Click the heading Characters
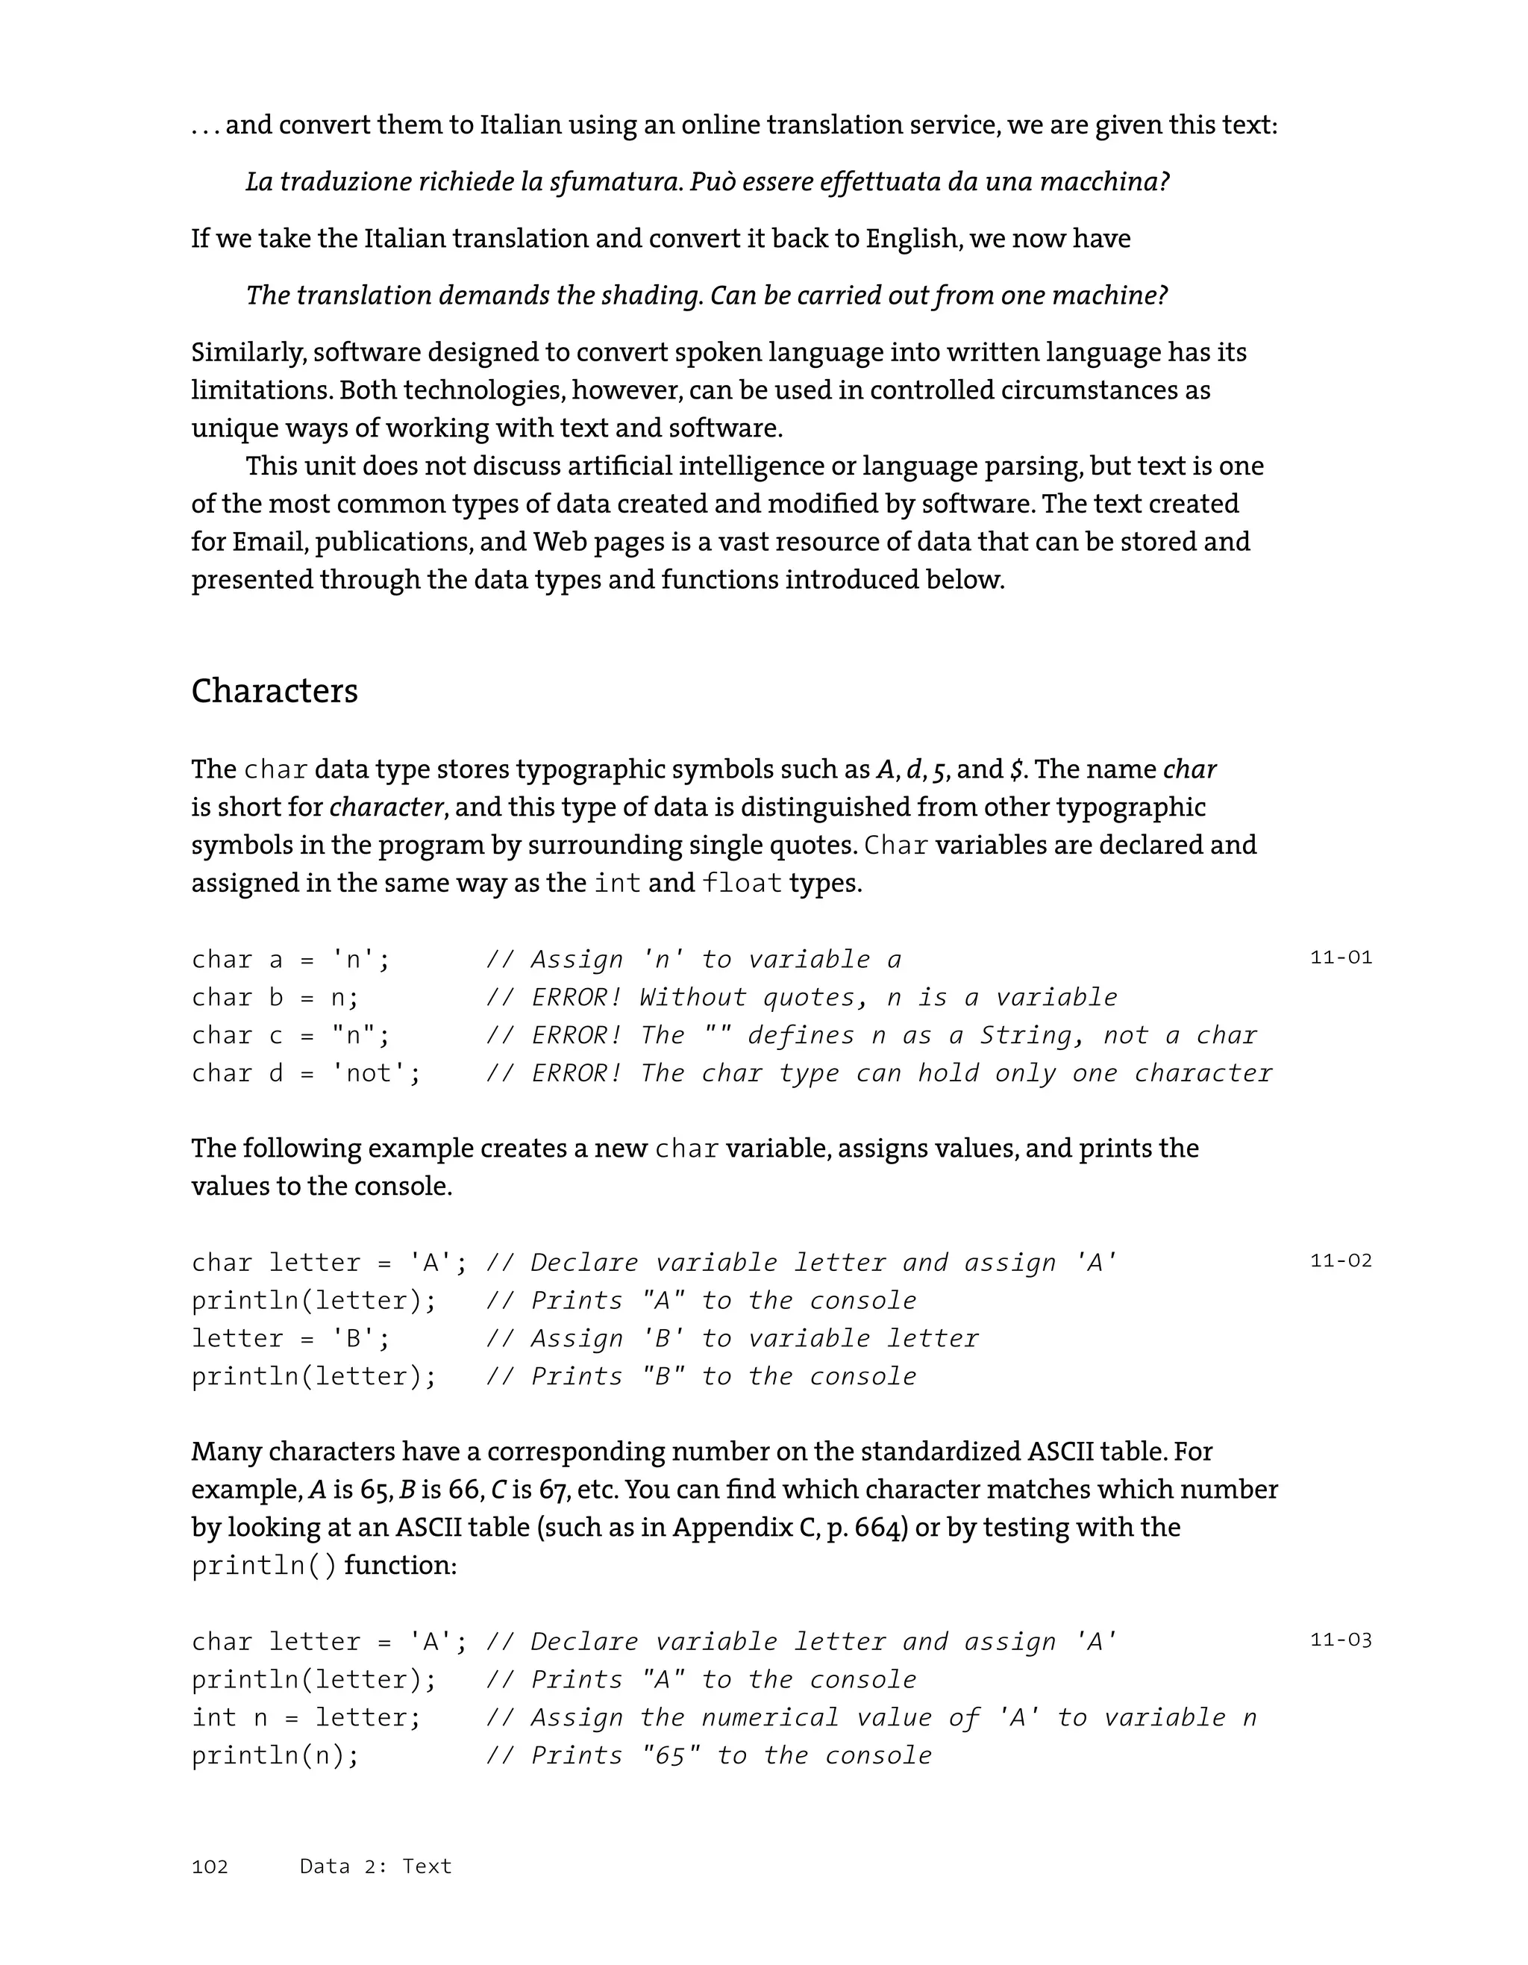[x=275, y=692]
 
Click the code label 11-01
[x=1341, y=957]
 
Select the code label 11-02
[x=1341, y=1260]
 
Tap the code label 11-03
[x=1341, y=1640]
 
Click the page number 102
[x=210, y=1866]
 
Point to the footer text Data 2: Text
[x=376, y=1866]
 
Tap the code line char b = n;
[x=275, y=998]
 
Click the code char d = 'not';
[x=306, y=1073]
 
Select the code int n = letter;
[x=306, y=1717]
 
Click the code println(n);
[x=275, y=1755]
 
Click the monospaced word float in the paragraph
[x=742, y=884]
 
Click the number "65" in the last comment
[x=671, y=1755]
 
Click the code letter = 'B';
[x=290, y=1339]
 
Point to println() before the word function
[x=264, y=1566]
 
